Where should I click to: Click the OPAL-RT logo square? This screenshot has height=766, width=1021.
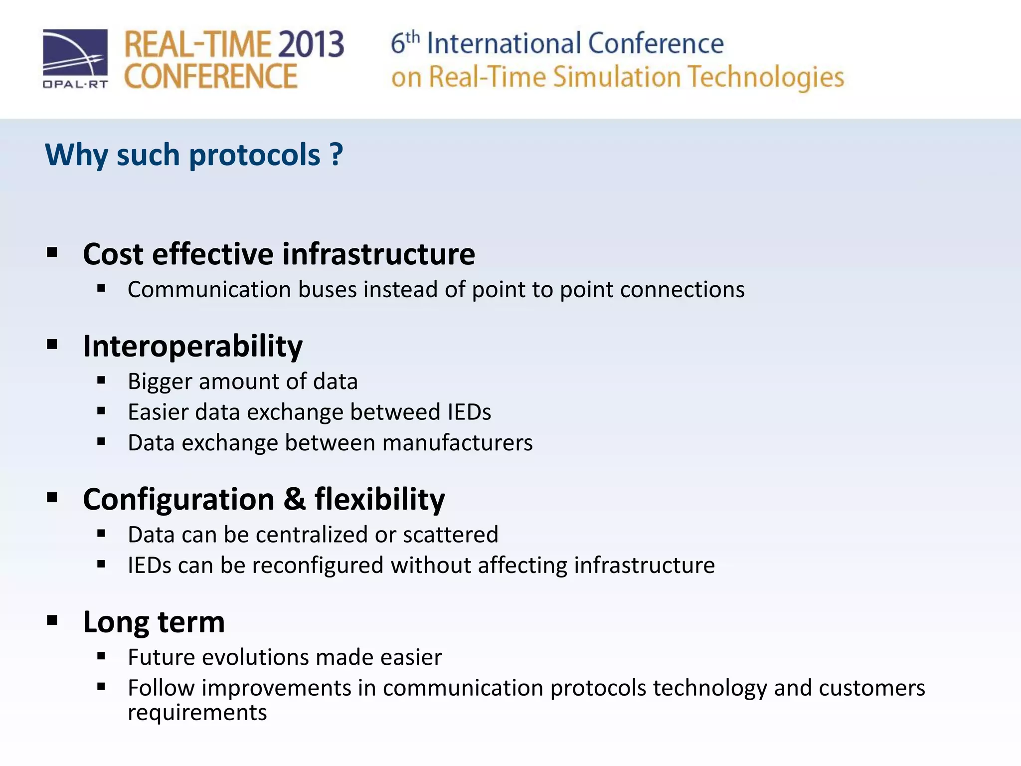75,52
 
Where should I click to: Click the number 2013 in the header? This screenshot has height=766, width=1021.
310,44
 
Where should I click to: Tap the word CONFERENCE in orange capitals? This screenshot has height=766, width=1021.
210,76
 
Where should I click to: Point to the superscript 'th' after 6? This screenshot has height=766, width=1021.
413,36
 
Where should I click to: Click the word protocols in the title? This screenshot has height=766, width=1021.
254,156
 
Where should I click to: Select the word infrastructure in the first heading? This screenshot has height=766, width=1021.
378,254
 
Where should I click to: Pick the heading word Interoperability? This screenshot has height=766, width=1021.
192,346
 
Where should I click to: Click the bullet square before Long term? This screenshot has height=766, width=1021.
52,620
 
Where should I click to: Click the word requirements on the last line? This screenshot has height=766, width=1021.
197,713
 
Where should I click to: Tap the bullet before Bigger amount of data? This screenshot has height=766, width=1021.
102,381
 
